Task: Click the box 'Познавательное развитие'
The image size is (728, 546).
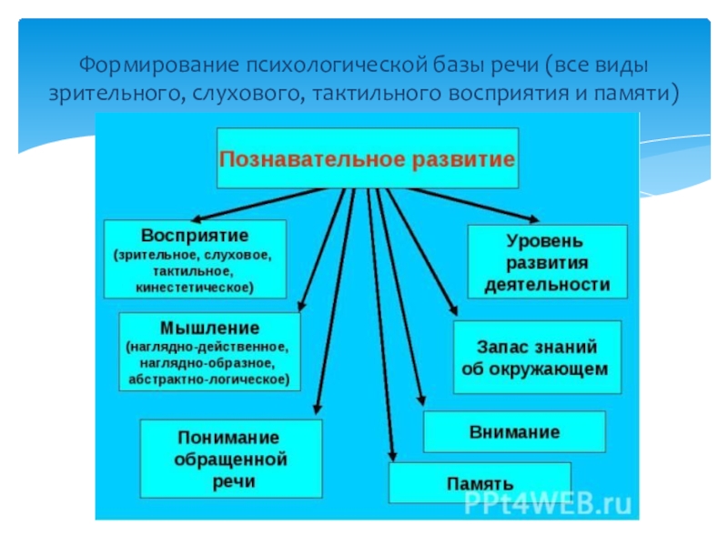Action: click(367, 158)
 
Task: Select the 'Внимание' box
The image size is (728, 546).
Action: click(514, 431)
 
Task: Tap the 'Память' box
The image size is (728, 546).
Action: click(480, 482)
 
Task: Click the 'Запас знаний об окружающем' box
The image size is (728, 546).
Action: click(537, 358)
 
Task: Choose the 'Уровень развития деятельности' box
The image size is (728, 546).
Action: click(547, 262)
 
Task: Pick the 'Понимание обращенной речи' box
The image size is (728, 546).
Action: click(230, 459)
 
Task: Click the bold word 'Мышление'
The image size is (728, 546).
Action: click(209, 328)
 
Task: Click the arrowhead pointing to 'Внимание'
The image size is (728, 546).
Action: click(420, 399)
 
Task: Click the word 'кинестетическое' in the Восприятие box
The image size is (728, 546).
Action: click(195, 287)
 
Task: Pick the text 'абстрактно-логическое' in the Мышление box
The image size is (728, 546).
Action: click(209, 377)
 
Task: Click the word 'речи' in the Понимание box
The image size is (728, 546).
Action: click(230, 480)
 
